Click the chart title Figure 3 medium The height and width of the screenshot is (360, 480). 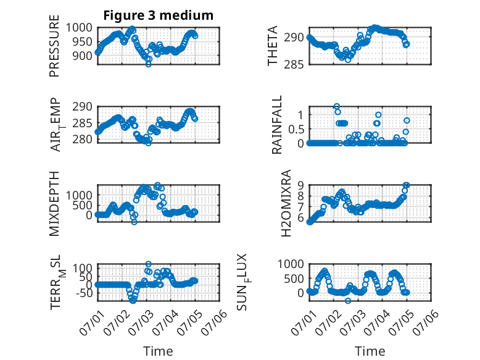click(x=159, y=15)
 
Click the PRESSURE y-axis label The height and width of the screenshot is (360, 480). click(x=54, y=46)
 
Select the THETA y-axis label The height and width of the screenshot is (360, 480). click(x=272, y=46)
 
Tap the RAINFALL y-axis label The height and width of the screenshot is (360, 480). click(x=277, y=125)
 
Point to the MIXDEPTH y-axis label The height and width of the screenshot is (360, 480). click(x=54, y=204)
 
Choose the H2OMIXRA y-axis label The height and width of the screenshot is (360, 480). click(x=286, y=203)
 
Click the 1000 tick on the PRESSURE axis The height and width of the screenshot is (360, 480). click(x=79, y=28)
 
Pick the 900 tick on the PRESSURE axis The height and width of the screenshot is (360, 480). click(x=82, y=56)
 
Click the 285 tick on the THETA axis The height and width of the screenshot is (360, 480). click(x=294, y=65)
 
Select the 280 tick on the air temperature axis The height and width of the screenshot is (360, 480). click(x=82, y=140)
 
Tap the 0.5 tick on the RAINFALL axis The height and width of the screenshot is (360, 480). click(x=296, y=129)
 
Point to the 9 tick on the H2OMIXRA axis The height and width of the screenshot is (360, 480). click(x=300, y=185)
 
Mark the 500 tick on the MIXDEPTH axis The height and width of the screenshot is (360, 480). click(x=82, y=205)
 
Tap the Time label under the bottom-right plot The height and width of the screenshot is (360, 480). click(x=370, y=351)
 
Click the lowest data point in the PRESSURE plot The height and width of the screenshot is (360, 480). click(x=149, y=64)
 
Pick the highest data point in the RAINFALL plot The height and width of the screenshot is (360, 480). click(x=337, y=107)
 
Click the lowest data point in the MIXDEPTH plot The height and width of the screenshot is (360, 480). click(x=134, y=222)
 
